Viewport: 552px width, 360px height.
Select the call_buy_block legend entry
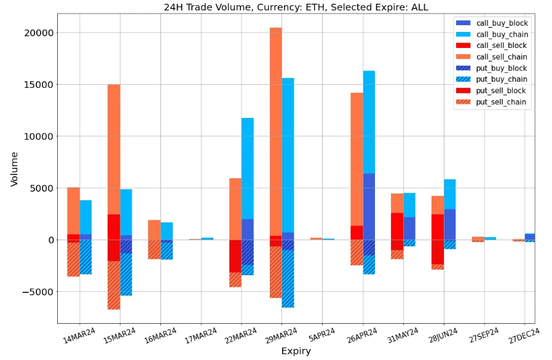click(502, 23)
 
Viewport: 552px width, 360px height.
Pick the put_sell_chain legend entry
click(502, 102)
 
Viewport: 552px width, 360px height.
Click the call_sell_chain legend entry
click(502, 57)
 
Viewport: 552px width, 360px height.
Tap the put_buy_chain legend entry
click(502, 79)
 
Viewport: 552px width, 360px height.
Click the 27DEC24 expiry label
click(524, 337)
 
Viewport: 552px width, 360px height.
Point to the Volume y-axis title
click(14, 169)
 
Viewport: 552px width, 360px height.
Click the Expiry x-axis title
click(296, 351)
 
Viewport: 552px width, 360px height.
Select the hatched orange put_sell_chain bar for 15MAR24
click(114, 285)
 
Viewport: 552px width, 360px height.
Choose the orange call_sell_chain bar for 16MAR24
click(154, 230)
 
